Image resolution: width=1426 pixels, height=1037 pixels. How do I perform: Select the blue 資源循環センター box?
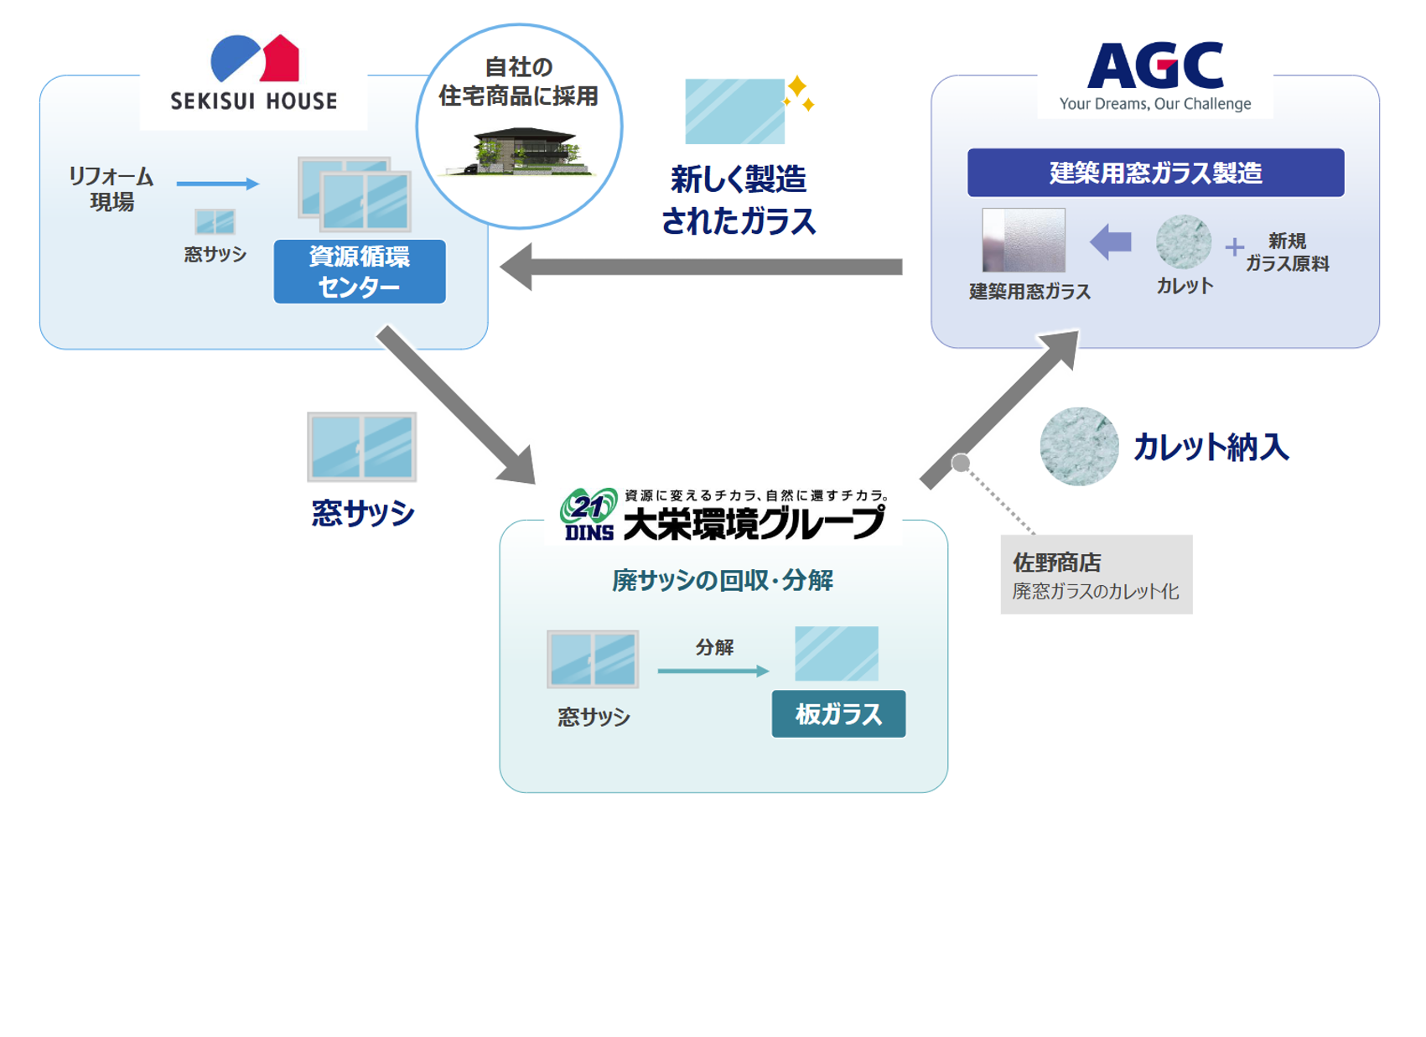click(360, 272)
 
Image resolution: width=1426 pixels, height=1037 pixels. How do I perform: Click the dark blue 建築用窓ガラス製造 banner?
click(1155, 173)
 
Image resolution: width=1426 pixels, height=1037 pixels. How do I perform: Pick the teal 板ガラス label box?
click(838, 714)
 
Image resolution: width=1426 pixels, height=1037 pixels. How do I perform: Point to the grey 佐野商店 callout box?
click(1096, 575)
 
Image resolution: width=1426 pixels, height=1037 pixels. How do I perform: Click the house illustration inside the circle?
click(523, 151)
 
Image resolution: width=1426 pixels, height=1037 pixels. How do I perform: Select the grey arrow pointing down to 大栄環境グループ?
click(457, 406)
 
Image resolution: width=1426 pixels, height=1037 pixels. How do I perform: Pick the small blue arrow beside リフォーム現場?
click(217, 184)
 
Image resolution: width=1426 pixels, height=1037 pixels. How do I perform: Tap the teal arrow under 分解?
click(713, 671)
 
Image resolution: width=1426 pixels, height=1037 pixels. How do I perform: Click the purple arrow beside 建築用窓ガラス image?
click(1111, 242)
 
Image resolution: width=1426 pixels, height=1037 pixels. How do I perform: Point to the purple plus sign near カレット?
click(1234, 246)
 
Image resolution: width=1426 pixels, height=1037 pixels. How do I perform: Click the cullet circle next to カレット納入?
click(1079, 447)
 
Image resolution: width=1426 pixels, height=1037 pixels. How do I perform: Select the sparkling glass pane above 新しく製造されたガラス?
click(735, 111)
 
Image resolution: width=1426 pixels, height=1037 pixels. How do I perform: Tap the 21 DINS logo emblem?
click(589, 514)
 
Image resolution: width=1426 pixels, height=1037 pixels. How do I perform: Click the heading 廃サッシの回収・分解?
click(723, 580)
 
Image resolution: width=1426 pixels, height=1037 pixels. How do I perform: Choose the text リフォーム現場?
click(111, 189)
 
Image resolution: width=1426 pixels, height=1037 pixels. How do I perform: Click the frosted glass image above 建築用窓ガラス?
click(1024, 241)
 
